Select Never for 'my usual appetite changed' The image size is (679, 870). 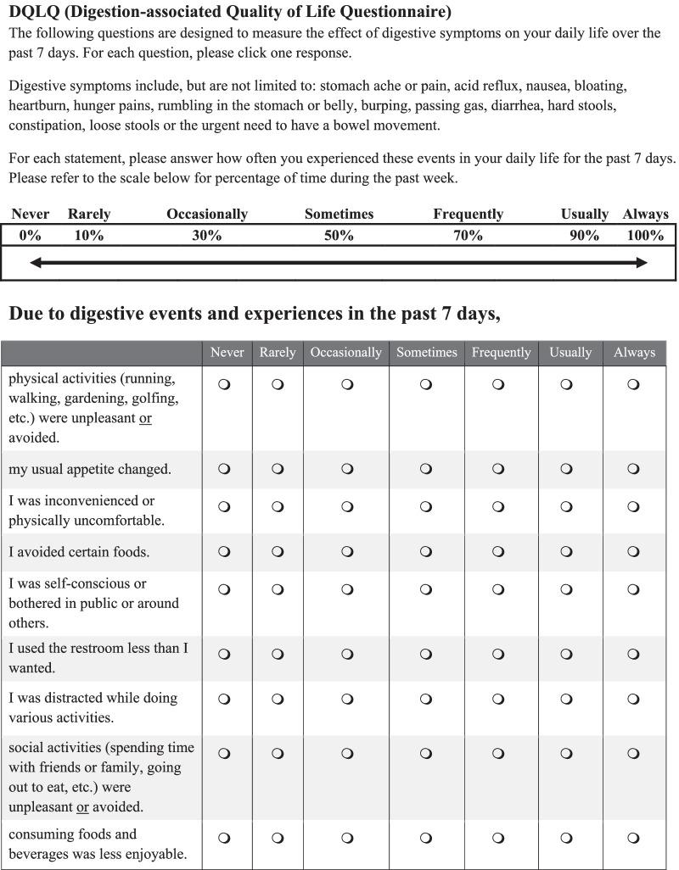coord(225,469)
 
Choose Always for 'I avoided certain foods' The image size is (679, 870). coord(633,552)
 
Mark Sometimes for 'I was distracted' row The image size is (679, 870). coord(426,700)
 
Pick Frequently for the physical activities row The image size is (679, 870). coord(498,384)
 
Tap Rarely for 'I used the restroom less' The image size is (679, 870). coord(278,654)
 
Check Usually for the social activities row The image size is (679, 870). coord(567,753)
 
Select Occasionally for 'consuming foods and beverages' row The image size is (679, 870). coord(347,839)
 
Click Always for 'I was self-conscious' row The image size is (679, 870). coord(633,589)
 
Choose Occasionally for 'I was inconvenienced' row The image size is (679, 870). coord(347,507)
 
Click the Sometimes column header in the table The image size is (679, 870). coord(426,353)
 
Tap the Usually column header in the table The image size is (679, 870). coord(570,353)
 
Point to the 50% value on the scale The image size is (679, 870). coord(339,236)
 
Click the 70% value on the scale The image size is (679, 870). coord(468,236)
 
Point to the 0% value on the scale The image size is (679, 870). coord(30,236)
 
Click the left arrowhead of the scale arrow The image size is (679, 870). coord(36,263)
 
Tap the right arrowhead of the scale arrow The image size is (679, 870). coord(642,263)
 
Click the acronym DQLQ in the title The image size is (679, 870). coord(35,12)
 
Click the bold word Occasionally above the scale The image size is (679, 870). coord(207,215)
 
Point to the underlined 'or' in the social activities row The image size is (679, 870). coord(83,807)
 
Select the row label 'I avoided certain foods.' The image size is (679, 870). coord(79,552)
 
